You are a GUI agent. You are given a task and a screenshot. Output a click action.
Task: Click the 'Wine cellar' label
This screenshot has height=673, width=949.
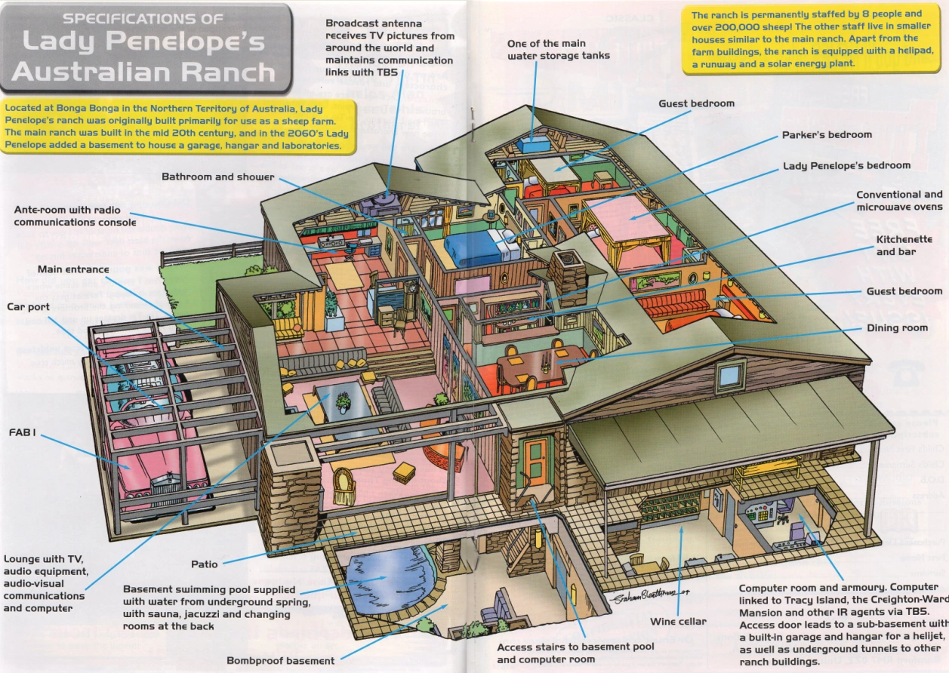678,622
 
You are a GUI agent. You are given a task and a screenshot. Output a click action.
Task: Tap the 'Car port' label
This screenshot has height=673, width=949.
28,307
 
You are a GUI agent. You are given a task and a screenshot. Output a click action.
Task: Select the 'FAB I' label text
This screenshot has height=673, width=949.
23,433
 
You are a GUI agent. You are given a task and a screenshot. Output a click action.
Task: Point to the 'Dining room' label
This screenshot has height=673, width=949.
897,328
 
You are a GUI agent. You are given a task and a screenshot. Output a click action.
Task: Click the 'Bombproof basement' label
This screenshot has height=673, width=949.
280,661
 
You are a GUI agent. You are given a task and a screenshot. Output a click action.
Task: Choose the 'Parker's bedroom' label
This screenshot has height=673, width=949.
826,135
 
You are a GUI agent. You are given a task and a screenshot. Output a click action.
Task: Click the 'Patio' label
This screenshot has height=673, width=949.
204,564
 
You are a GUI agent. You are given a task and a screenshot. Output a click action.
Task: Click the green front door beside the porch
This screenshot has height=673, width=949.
535,461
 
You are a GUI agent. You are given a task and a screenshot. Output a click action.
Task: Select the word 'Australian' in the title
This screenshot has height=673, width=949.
91,72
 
